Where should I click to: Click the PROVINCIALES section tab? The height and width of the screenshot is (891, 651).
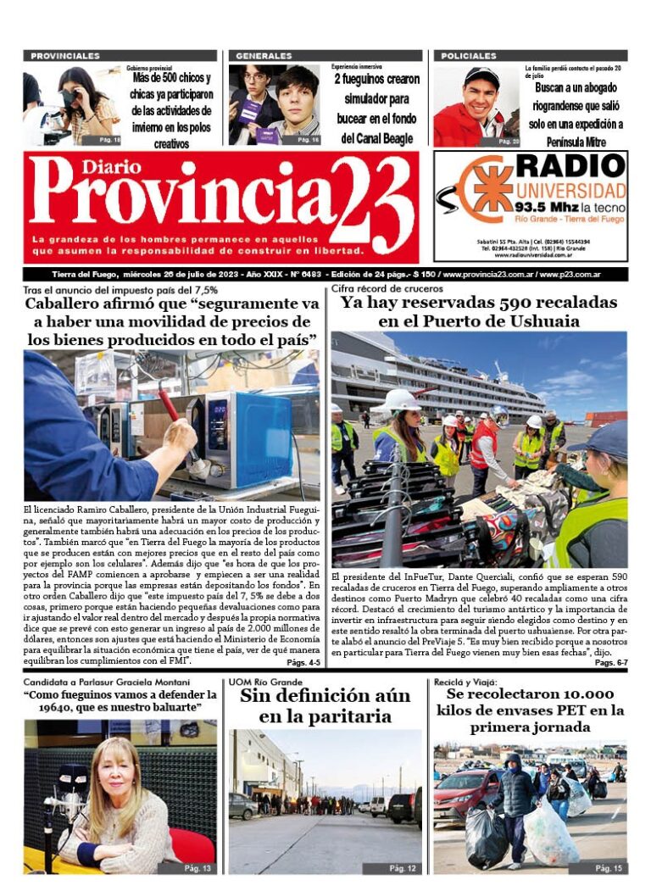pos(65,56)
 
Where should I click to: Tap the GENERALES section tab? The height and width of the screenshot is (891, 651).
pos(264,56)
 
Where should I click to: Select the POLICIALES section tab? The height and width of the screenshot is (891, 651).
pos(469,56)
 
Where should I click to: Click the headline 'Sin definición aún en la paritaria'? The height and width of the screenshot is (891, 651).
pos(325,706)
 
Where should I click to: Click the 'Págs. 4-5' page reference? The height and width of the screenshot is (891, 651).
pos(303,662)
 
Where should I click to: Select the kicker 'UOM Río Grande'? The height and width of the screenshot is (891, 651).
pos(265,682)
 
